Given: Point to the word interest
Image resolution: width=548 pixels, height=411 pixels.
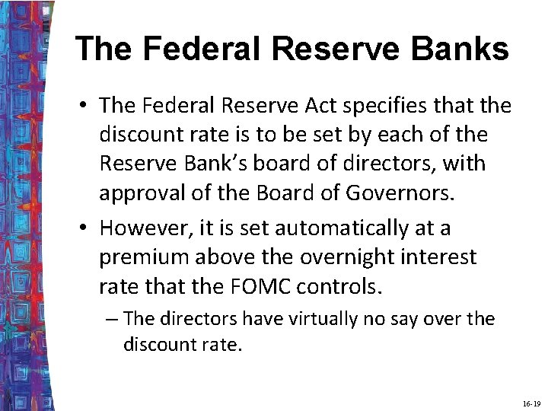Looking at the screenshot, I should [x=441, y=256].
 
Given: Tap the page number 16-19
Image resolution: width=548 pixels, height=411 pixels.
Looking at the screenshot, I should [x=531, y=402].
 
